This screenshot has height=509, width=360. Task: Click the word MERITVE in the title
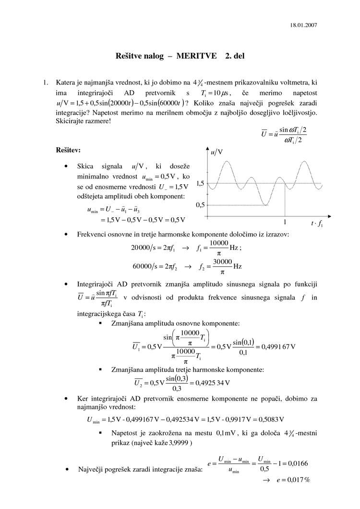click(x=197, y=56)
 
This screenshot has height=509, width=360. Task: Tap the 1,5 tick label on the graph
click(x=200, y=183)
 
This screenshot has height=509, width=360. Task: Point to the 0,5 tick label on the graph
click(x=200, y=205)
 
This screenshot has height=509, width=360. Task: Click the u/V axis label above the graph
click(x=217, y=152)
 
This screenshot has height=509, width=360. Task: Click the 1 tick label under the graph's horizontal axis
click(x=285, y=223)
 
